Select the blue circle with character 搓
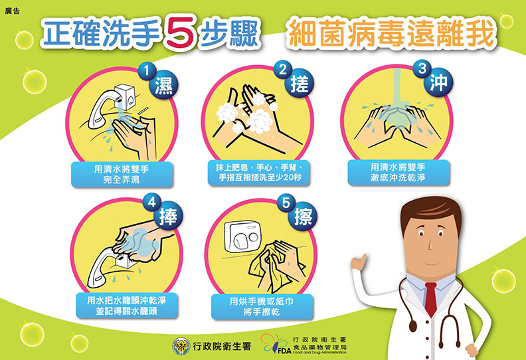point(300,85)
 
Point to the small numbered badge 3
point(421,67)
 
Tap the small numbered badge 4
point(152,200)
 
